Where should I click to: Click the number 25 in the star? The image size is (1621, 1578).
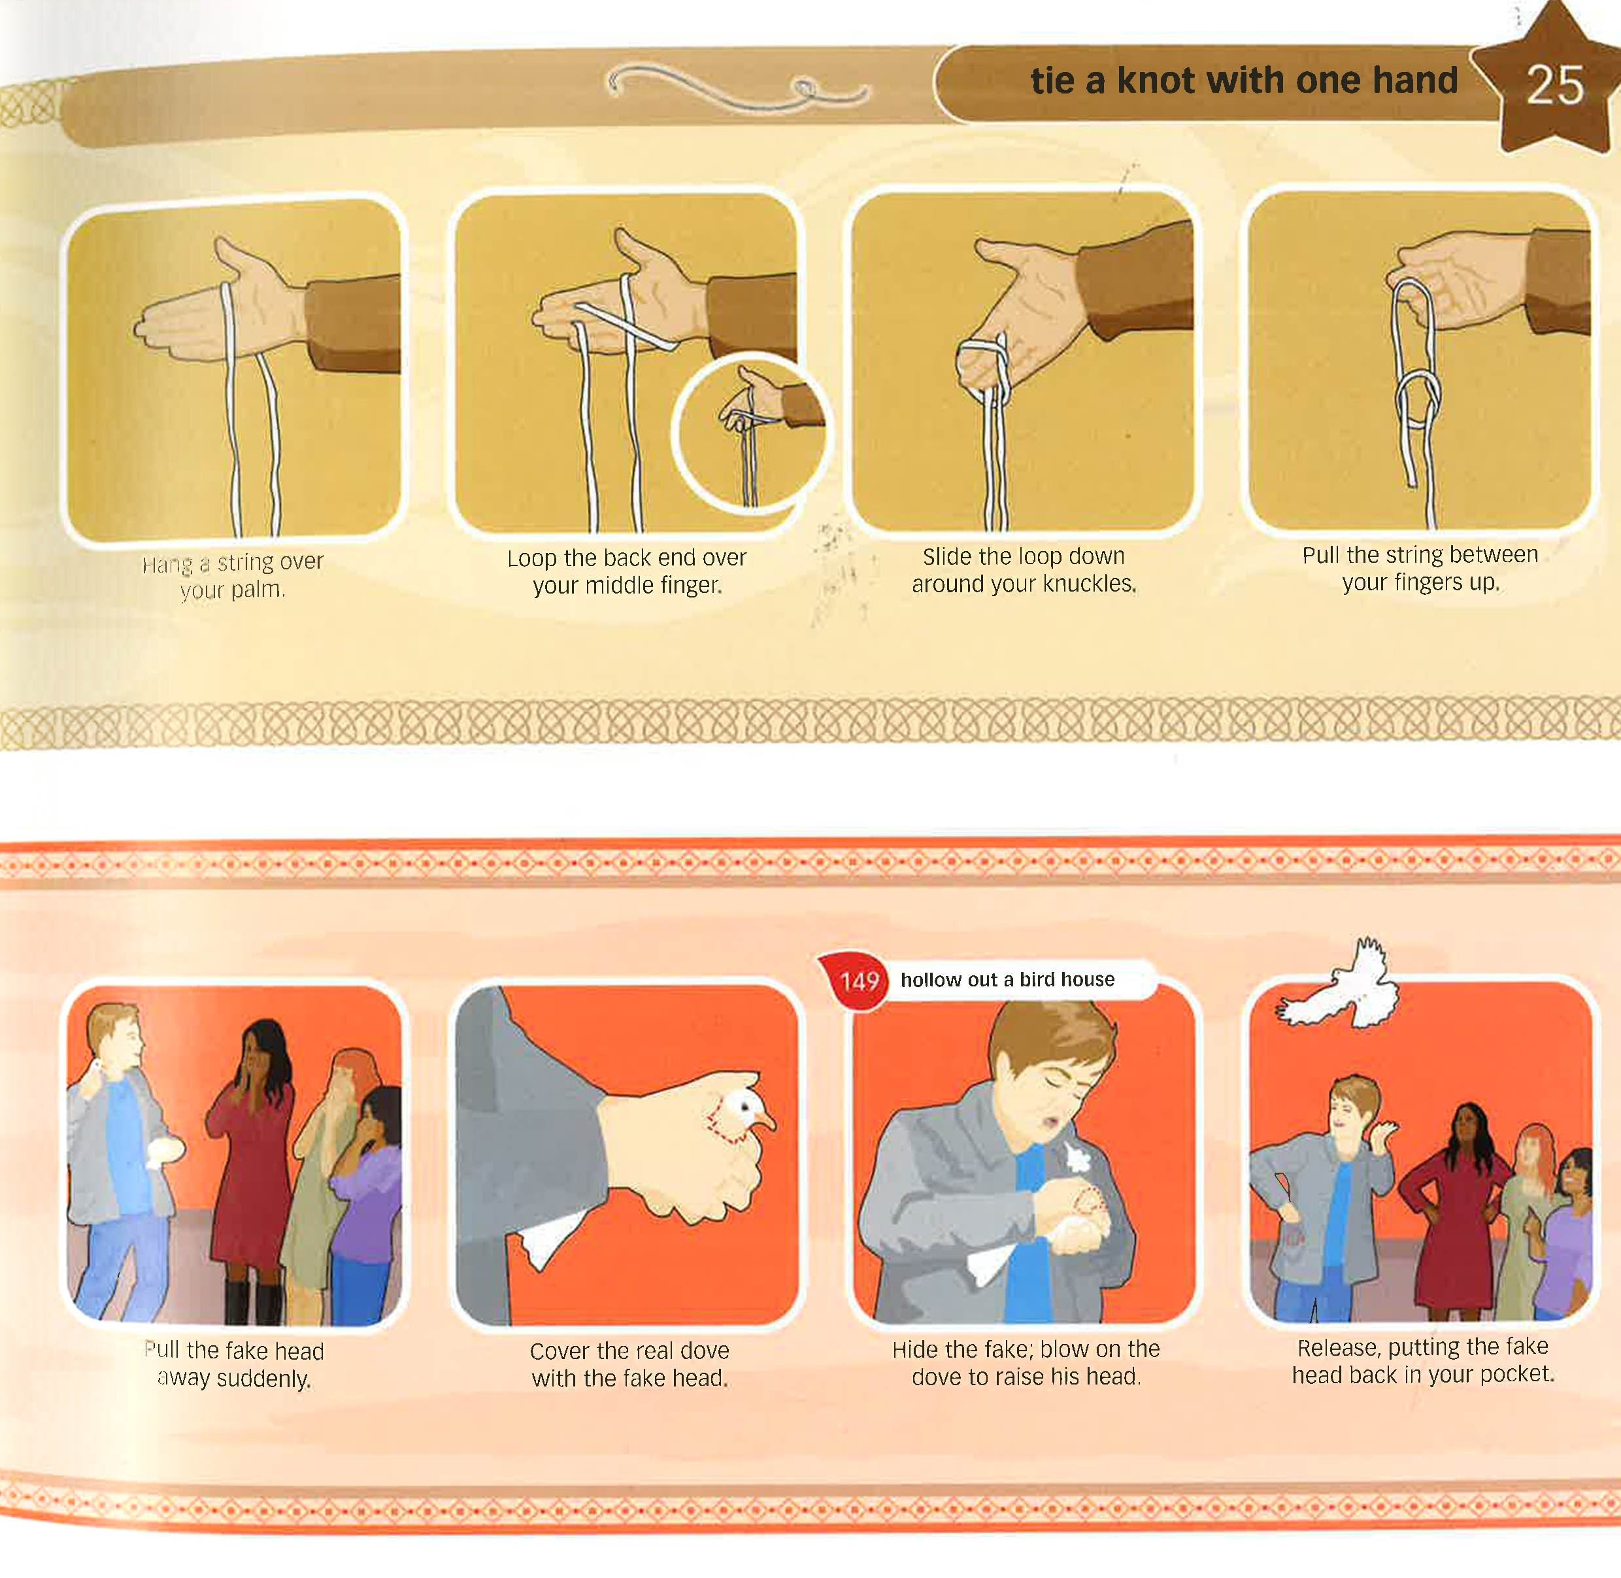click(x=1555, y=86)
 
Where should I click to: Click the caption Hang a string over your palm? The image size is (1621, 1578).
click(x=232, y=576)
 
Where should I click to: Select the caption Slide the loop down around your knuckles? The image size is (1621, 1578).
click(x=1024, y=570)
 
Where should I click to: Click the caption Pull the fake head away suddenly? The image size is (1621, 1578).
click(x=234, y=1366)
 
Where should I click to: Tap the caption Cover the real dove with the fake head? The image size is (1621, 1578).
click(x=630, y=1365)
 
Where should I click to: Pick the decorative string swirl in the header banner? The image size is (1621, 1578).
click(x=737, y=90)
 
